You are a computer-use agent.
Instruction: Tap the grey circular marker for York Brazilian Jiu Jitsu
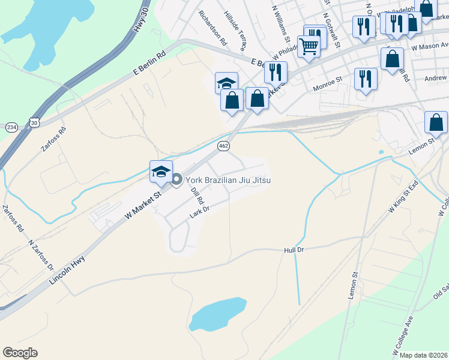click(x=177, y=179)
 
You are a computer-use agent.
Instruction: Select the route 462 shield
click(x=223, y=146)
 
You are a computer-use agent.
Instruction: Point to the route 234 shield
click(x=11, y=127)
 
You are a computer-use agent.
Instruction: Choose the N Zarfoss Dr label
click(x=41, y=256)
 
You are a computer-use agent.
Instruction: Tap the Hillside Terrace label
click(x=235, y=25)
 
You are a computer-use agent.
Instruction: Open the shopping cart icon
click(x=309, y=45)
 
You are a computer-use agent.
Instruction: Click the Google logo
click(x=20, y=353)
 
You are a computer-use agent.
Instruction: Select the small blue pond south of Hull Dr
click(x=218, y=312)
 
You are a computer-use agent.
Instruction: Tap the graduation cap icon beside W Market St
click(x=161, y=171)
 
